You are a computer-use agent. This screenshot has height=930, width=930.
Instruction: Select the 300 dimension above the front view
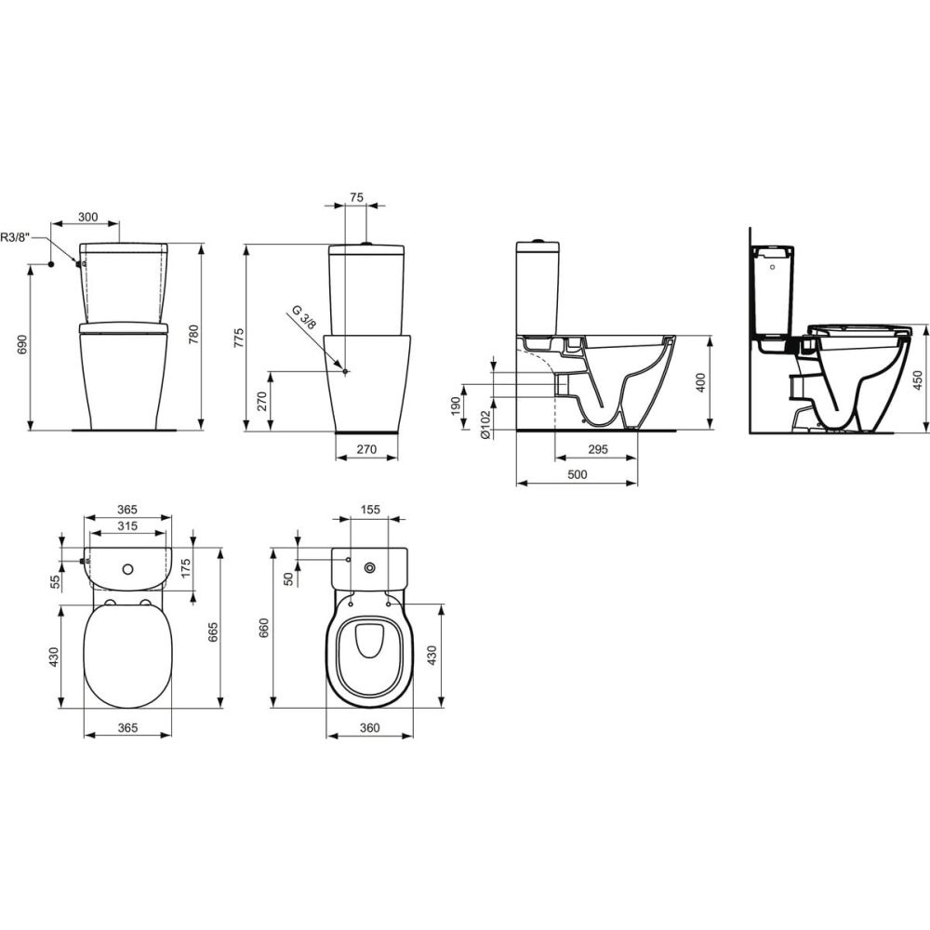[x=87, y=217]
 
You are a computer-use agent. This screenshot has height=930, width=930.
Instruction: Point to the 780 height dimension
[x=193, y=336]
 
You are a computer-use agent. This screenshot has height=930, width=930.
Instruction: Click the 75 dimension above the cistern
[x=356, y=197]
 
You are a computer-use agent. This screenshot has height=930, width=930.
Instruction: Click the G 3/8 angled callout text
[x=305, y=317]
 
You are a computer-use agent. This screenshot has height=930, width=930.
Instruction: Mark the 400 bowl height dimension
[x=700, y=382]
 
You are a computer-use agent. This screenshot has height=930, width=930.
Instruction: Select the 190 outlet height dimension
[x=456, y=406]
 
